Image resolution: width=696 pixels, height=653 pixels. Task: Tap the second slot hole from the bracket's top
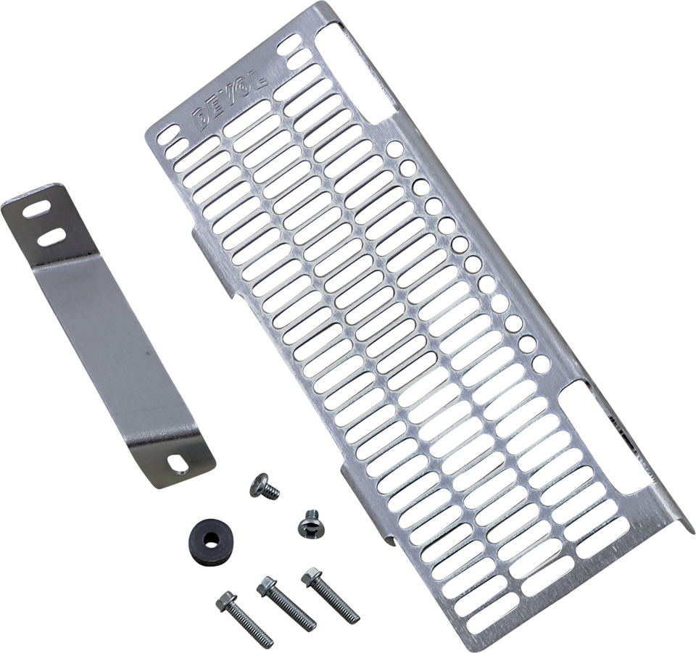[50, 236]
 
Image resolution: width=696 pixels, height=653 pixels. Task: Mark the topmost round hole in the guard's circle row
[392, 149]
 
